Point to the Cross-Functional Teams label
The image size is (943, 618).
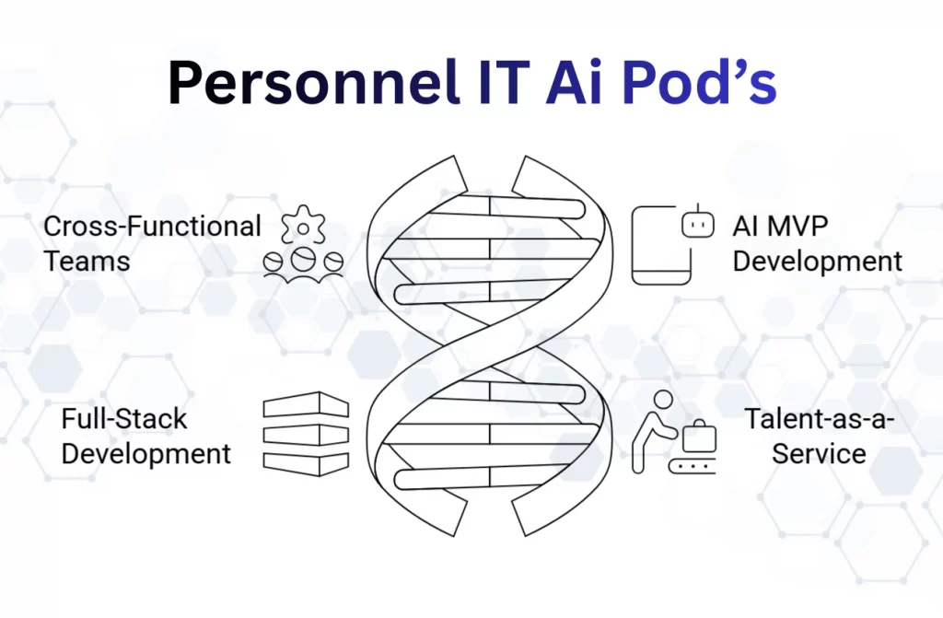[152, 243]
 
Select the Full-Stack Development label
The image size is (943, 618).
[146, 436]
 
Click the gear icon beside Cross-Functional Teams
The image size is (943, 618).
[302, 229]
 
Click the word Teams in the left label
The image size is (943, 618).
[87, 261]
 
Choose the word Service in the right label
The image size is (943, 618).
[819, 453]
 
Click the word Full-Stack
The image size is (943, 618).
[123, 419]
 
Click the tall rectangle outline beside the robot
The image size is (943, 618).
[659, 243]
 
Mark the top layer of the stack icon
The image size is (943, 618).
[306, 405]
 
